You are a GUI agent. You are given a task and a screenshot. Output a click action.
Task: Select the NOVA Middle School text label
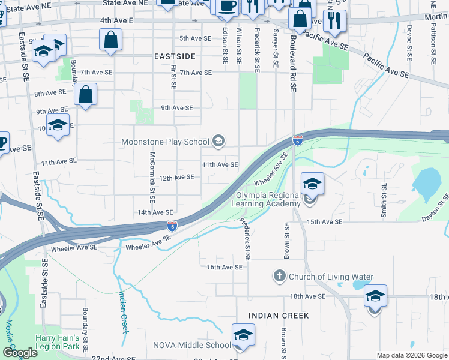pos(191,345)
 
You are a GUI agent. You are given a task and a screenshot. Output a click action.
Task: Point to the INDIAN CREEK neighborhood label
pos(279,316)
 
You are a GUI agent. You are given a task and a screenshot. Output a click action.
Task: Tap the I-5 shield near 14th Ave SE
pos(172,226)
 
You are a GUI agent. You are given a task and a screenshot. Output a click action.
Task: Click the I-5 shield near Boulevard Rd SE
pos(298,140)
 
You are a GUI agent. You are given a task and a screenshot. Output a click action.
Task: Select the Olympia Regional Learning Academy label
pos(268,200)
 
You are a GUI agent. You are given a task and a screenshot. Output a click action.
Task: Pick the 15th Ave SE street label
pos(324,222)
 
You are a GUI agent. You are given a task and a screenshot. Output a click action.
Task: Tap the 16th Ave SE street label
pos(224,267)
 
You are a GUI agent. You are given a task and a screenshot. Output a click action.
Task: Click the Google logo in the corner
pos(20,353)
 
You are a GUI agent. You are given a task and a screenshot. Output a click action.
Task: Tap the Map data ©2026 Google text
pos(411,355)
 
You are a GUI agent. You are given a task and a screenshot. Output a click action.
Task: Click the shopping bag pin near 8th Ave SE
pos(86,95)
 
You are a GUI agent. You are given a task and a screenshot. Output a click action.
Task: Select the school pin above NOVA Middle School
pos(243,335)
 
